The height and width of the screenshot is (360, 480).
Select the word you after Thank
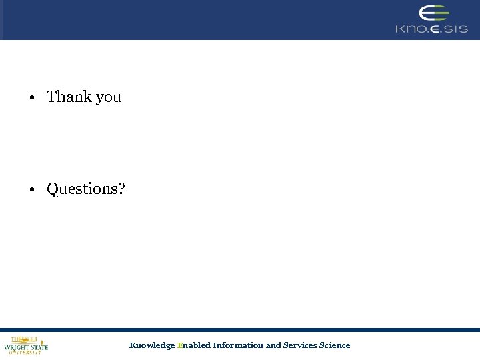click(108, 98)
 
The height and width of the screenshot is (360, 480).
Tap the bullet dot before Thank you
click(31, 98)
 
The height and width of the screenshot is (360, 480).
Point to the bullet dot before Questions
click(31, 190)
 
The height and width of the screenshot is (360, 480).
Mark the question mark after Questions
click(121, 189)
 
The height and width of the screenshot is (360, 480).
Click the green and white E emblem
click(433, 13)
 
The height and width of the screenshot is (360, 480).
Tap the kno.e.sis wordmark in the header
click(431, 29)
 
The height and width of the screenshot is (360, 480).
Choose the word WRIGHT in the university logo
click(16, 347)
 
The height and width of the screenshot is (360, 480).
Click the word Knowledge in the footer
click(152, 345)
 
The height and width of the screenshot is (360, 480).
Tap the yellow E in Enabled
click(180, 345)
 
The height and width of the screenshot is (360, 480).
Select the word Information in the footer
click(238, 345)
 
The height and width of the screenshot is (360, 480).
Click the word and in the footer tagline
click(273, 345)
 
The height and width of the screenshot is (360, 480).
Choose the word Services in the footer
click(300, 345)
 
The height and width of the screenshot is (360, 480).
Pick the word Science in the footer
click(335, 345)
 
